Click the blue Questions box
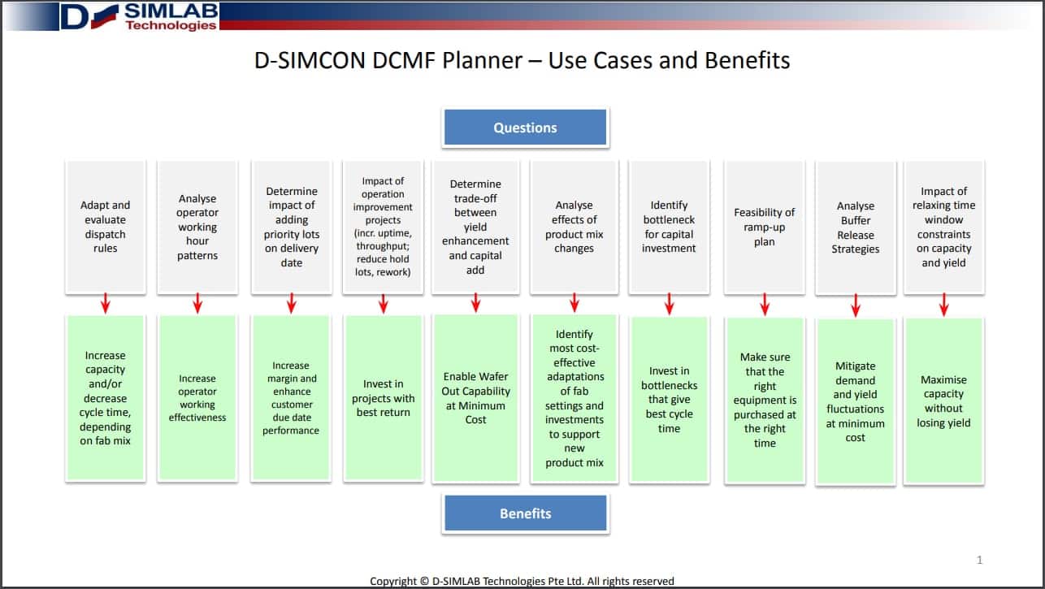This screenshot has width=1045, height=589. (525, 128)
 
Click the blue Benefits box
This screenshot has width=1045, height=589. (525, 513)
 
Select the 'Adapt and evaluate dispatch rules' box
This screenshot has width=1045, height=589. (106, 227)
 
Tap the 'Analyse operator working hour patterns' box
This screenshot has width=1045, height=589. (197, 227)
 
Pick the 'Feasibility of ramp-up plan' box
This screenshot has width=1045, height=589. (764, 227)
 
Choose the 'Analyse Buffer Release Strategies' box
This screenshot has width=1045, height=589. (855, 227)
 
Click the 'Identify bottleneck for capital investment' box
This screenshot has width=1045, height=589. (669, 227)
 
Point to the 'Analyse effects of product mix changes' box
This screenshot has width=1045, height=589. (575, 227)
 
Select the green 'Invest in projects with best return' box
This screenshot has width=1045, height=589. (383, 398)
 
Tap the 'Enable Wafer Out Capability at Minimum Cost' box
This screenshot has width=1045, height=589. (475, 398)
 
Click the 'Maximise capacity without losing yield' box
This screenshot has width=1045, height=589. (943, 401)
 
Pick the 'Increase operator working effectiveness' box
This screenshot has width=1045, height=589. (197, 398)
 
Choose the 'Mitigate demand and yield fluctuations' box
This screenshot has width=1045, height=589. (855, 401)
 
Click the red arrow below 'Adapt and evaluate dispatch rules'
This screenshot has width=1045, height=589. (106, 303)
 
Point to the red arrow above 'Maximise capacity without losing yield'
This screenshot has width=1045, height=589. (943, 305)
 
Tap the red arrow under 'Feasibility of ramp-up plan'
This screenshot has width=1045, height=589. (765, 304)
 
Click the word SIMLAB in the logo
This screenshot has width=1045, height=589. (171, 11)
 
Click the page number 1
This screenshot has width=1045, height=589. (979, 560)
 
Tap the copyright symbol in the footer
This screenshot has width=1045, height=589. (424, 581)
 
